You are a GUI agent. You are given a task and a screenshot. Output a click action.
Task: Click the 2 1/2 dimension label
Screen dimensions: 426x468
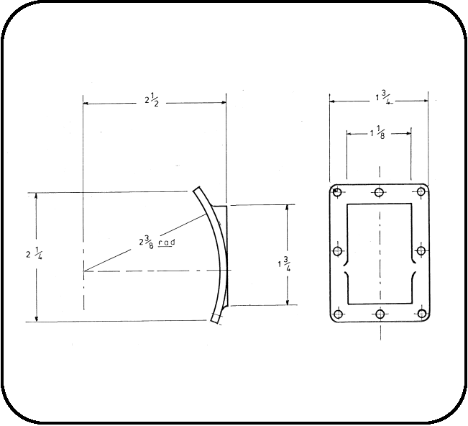[154, 101]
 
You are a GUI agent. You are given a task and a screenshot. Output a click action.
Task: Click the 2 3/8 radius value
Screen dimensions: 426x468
[147, 240]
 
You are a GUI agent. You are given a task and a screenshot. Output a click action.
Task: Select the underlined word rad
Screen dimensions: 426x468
[168, 243]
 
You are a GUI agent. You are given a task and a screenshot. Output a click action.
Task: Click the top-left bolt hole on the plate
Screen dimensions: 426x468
[337, 192]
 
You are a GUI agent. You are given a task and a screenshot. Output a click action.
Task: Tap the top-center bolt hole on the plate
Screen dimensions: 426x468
[379, 192]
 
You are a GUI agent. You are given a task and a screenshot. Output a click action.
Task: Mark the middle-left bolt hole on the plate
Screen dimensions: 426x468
[337, 251]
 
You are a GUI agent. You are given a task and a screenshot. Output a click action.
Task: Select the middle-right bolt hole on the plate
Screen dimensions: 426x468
[421, 251]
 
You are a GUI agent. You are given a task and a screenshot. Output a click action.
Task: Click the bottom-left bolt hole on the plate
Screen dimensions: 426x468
[337, 314]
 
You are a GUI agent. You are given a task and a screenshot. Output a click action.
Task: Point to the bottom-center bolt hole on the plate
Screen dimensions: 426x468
[379, 314]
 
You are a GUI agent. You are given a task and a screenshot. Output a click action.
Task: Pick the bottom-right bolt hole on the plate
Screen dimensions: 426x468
[421, 314]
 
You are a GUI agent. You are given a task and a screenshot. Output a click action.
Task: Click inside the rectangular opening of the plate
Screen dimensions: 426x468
[379, 237]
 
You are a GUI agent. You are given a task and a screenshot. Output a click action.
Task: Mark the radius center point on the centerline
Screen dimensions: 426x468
[83, 271]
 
